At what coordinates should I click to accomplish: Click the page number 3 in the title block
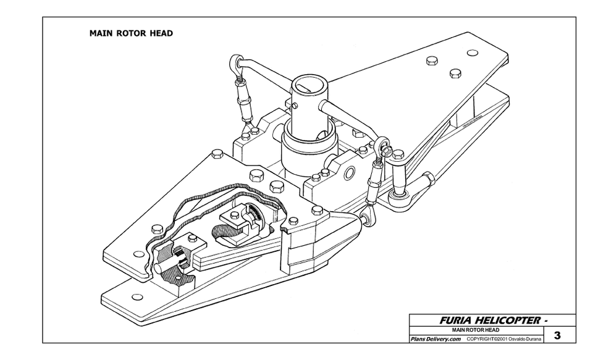(557, 335)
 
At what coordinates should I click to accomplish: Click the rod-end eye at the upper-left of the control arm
(235, 62)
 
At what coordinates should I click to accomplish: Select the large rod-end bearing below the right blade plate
(399, 198)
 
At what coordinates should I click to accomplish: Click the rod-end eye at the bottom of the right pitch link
(369, 216)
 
